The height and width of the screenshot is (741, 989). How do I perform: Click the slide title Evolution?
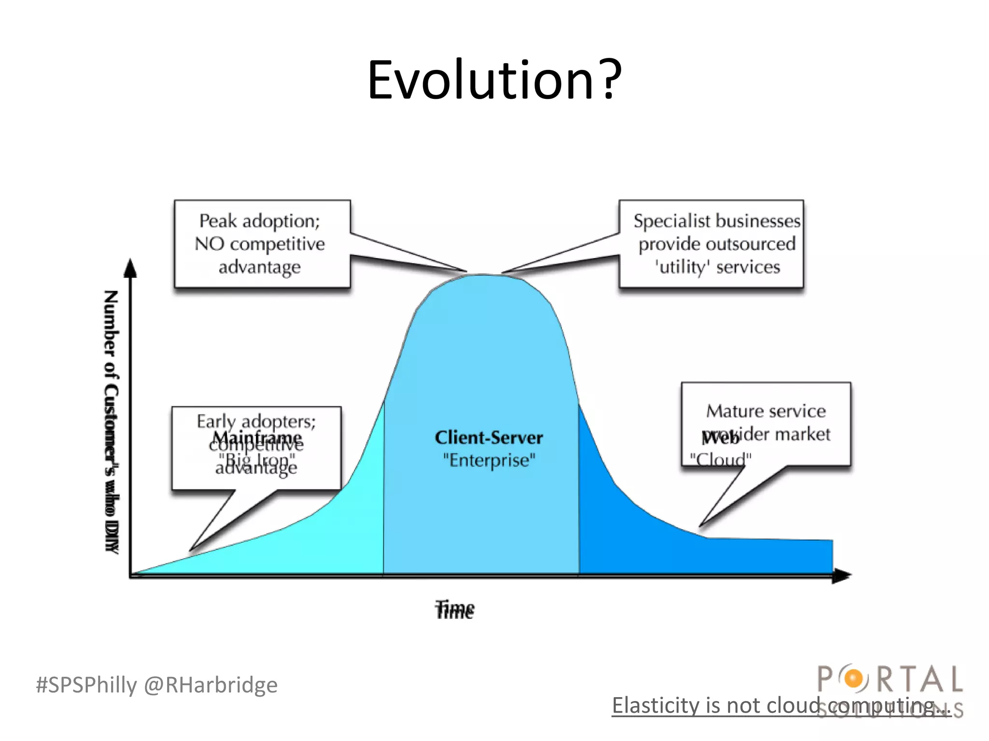tap(494, 80)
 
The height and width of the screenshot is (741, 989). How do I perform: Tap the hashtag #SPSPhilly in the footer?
tap(86, 685)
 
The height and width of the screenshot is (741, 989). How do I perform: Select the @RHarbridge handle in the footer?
tap(211, 685)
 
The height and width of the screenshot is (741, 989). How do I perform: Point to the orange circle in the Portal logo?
tap(854, 679)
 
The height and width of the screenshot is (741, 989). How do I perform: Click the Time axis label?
tap(454, 610)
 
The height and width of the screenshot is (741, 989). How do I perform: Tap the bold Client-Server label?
tap(489, 438)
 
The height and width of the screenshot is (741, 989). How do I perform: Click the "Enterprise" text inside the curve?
tap(489, 460)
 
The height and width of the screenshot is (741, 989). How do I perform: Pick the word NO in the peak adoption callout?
tap(209, 244)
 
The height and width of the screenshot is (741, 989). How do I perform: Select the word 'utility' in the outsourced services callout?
tap(682, 267)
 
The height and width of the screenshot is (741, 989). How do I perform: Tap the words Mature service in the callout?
tap(766, 411)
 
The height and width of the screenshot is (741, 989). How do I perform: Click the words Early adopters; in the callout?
tap(256, 421)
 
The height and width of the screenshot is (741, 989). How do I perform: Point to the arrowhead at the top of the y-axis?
tap(130, 268)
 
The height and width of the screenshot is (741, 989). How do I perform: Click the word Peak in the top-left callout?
tap(218, 221)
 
